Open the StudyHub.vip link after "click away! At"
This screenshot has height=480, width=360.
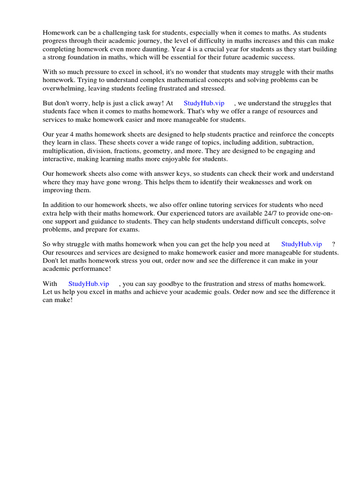click(x=204, y=103)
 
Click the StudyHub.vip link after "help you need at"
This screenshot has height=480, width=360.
click(x=301, y=244)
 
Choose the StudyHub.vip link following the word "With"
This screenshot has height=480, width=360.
click(x=89, y=284)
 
